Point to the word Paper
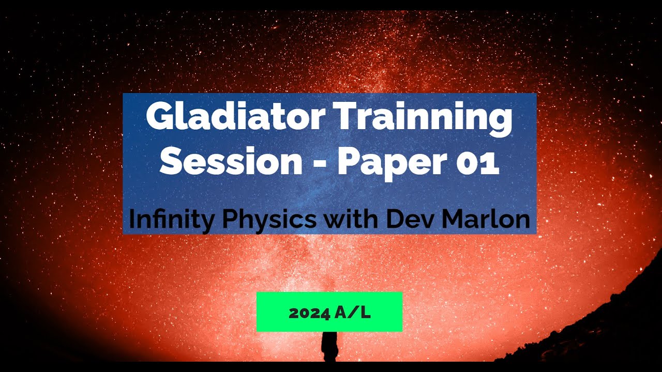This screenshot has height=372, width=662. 392,163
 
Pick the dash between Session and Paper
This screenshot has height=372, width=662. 320,163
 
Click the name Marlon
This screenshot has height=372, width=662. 487,220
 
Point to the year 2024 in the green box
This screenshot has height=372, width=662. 309,313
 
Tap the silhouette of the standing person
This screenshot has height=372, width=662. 329,346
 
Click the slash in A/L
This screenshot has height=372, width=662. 354,313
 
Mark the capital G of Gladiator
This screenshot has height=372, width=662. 158,118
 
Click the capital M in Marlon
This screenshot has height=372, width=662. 455,220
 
